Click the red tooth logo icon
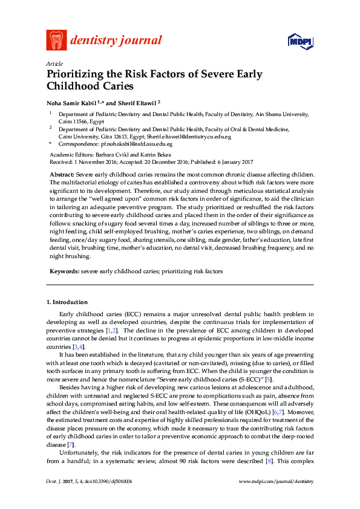pyautogui.click(x=56, y=40)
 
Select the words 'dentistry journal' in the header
pyautogui.click(x=116, y=41)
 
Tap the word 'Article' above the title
pyautogui.click(x=54, y=63)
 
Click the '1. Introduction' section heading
pyautogui.click(x=67, y=302)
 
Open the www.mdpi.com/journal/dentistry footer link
pyautogui.click(x=277, y=497)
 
